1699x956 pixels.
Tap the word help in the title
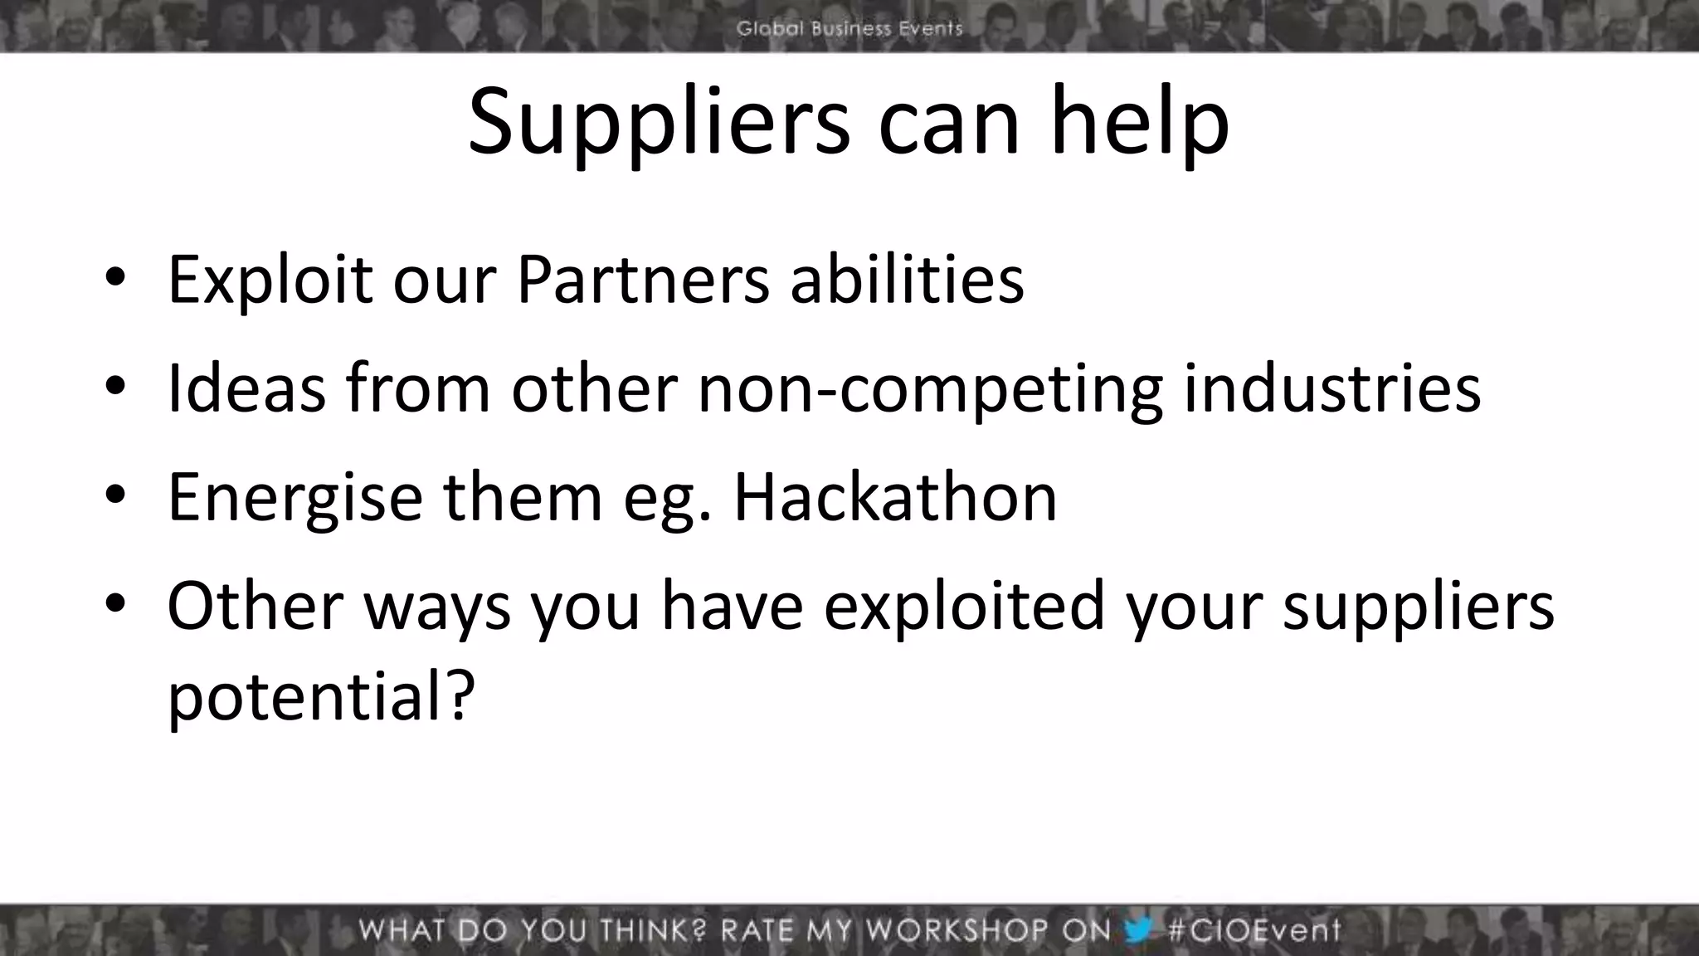click(1139, 123)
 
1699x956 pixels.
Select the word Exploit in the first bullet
click(270, 280)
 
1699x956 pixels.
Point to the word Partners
click(643, 280)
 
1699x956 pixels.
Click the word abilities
click(907, 280)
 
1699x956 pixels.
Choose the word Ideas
click(246, 388)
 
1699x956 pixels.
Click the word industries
click(1331, 388)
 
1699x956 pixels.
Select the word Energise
click(295, 497)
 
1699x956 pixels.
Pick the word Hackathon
click(895, 497)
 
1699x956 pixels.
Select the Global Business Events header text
click(849, 28)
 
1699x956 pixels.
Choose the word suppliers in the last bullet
click(1418, 606)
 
